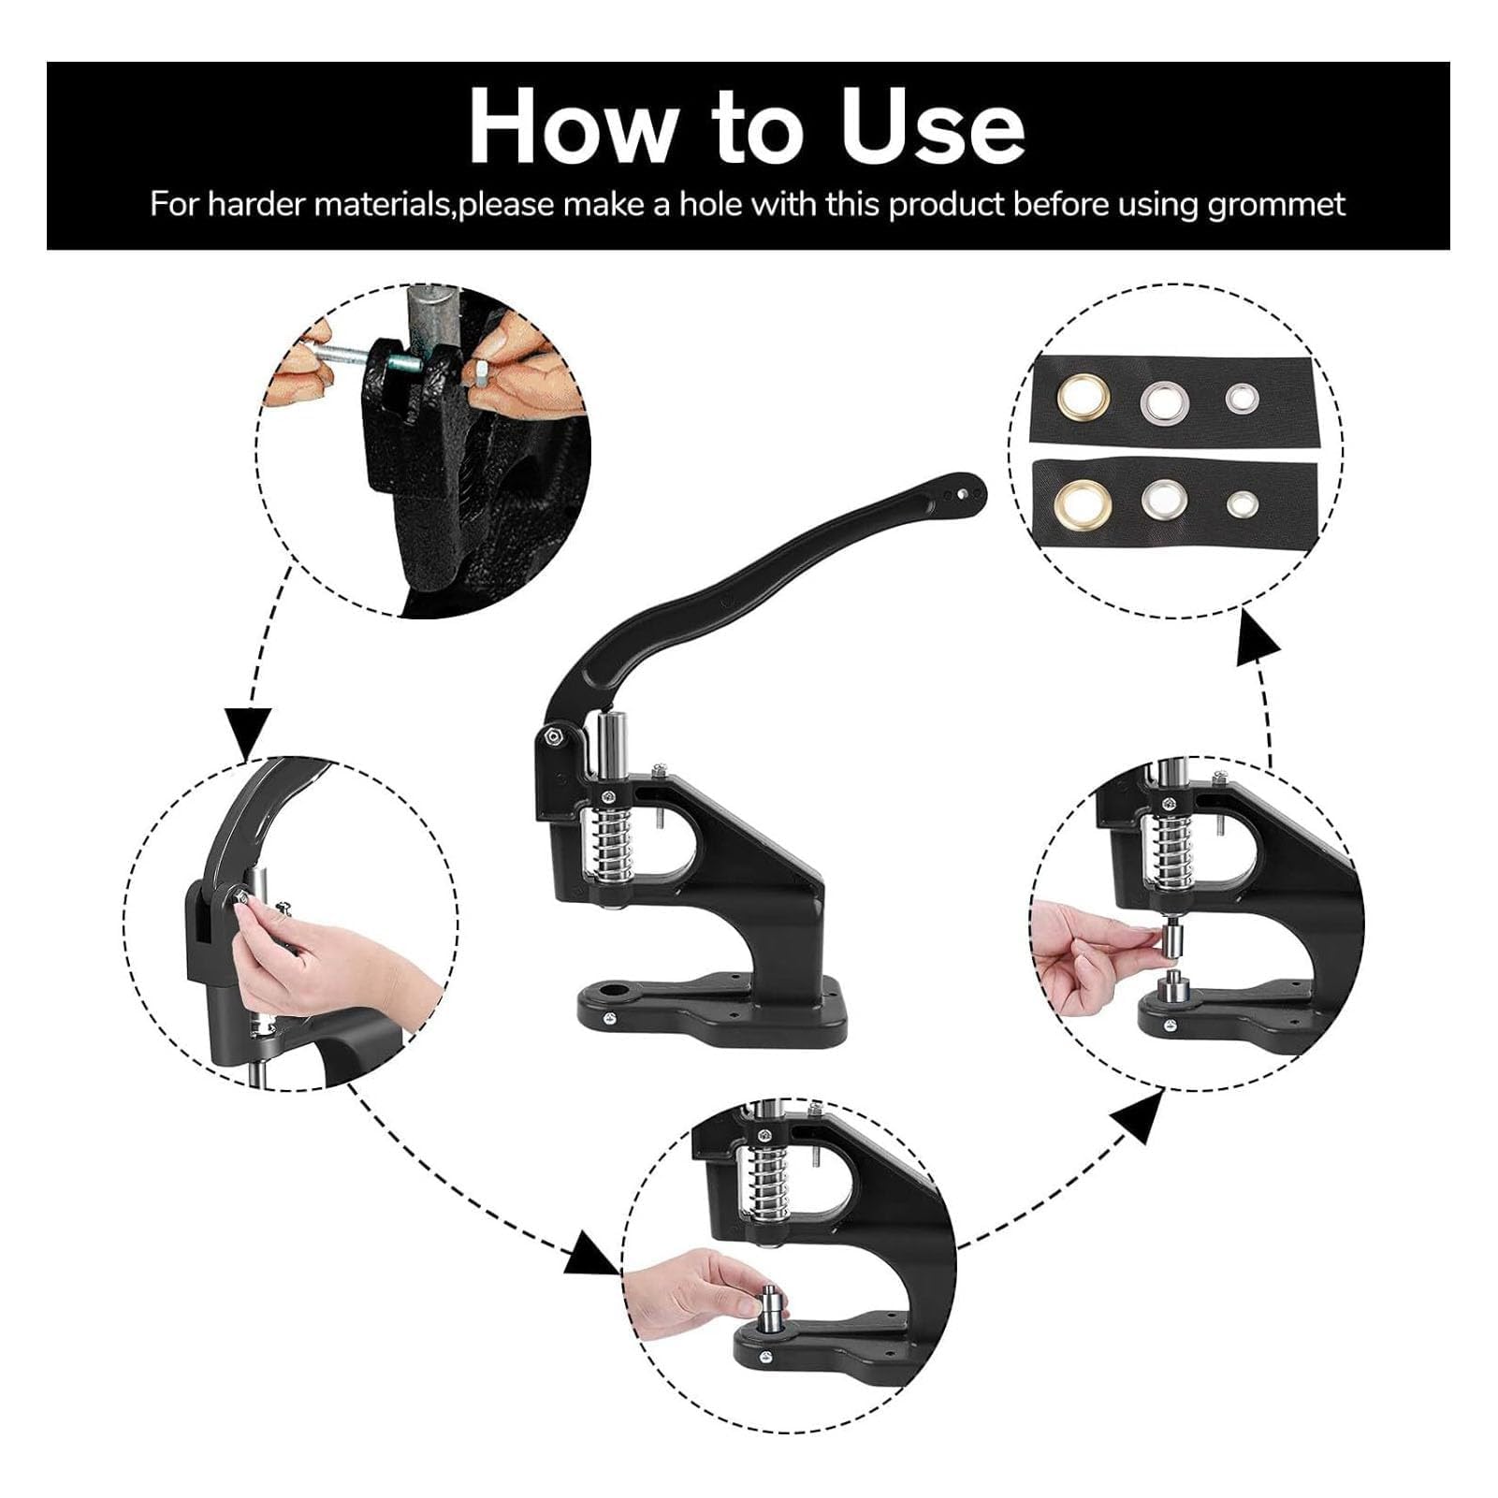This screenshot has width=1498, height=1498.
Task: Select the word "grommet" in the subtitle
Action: coord(1276,204)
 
